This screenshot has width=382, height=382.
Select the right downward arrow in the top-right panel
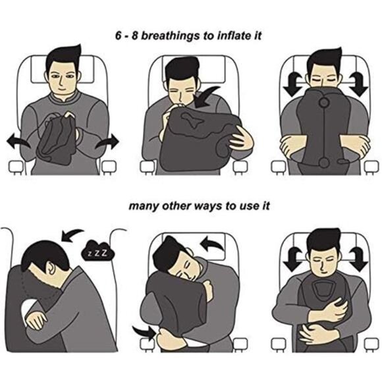360,82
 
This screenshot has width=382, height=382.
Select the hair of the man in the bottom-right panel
323,238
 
